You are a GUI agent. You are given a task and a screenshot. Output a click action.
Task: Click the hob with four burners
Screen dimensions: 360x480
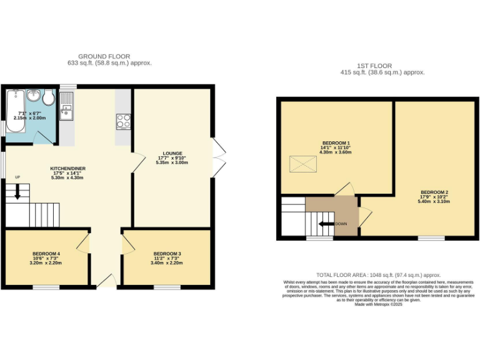pos(123,121)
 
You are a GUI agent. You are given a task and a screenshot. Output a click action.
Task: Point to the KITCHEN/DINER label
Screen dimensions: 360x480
pos(67,169)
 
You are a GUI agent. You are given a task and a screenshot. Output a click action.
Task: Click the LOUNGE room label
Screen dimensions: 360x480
pos(172,153)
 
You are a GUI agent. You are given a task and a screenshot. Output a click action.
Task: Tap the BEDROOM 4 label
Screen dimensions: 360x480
pos(46,254)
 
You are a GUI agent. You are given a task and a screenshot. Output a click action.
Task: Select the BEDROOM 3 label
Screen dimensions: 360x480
pos(167,254)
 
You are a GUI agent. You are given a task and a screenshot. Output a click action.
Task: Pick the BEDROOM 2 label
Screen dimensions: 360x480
pos(434,192)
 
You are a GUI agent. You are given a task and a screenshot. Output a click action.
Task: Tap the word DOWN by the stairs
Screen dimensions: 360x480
pos(341,224)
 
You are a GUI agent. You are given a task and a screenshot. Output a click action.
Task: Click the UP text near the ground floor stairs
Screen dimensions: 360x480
pos(17,177)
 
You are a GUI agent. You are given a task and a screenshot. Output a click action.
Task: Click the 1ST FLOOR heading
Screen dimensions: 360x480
pos(374,66)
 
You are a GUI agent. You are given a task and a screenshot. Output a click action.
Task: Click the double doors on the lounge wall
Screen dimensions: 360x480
pos(217,156)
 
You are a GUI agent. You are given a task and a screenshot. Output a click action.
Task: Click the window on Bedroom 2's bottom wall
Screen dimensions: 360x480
pos(431,238)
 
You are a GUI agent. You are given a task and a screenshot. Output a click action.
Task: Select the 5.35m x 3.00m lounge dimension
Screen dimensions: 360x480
pos(172,163)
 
